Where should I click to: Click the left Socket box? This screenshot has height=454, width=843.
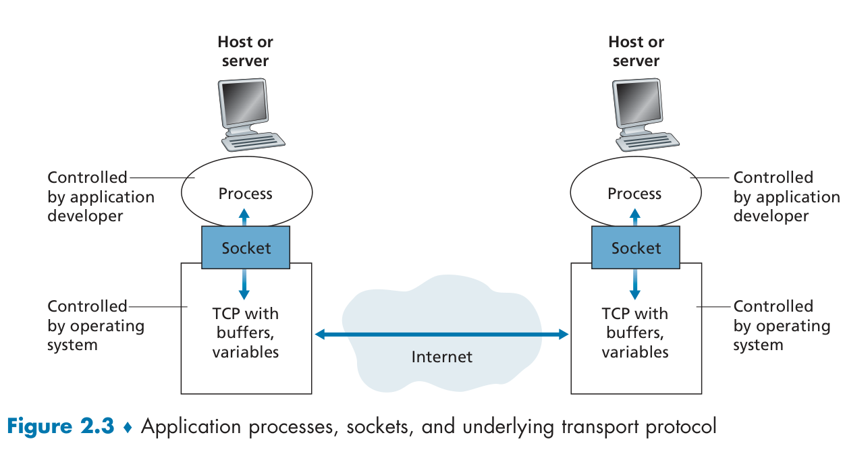(246, 248)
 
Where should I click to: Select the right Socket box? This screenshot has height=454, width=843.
(636, 248)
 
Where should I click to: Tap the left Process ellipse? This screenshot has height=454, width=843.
(246, 193)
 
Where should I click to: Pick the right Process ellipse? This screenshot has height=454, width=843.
(636, 193)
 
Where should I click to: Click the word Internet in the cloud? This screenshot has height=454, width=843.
(442, 357)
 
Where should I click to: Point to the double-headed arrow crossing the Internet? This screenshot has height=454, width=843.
(442, 334)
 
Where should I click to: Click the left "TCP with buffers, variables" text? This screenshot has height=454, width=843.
(246, 333)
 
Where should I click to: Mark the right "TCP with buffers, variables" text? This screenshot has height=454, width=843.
(635, 333)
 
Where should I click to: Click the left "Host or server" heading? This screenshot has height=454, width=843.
(245, 51)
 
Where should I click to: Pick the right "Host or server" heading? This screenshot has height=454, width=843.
(636, 51)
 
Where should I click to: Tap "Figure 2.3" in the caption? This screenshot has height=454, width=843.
(61, 427)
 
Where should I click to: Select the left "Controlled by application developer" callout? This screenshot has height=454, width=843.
(100, 196)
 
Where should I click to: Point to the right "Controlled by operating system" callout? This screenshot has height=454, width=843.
(781, 325)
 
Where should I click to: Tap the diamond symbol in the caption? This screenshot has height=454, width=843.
(128, 428)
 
